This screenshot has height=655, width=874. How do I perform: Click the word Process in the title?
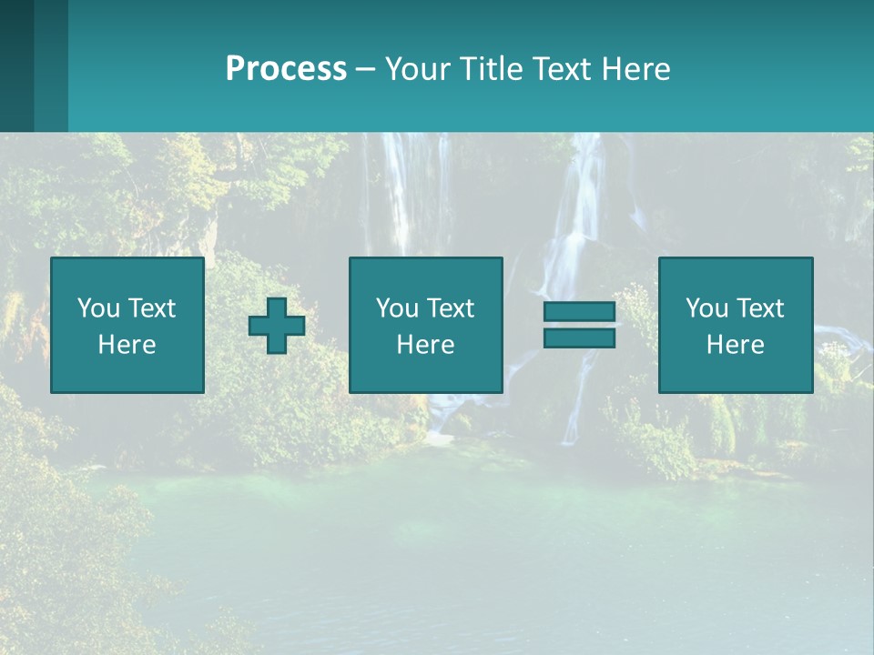286,69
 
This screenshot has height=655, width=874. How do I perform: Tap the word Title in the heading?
489,69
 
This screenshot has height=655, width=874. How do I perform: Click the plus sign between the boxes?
277,326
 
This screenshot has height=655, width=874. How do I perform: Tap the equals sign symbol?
579,325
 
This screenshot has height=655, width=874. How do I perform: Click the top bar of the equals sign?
579,312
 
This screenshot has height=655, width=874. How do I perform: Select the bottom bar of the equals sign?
579,338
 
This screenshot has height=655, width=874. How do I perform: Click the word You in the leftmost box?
98,308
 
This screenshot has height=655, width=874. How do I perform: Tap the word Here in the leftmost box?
127,345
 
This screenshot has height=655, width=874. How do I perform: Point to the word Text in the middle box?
450,308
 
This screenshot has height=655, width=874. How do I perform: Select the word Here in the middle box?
426,345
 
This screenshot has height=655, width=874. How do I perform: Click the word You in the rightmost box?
706,308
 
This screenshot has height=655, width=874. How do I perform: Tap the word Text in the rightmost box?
759,308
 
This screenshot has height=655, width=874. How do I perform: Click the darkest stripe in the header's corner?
16,65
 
